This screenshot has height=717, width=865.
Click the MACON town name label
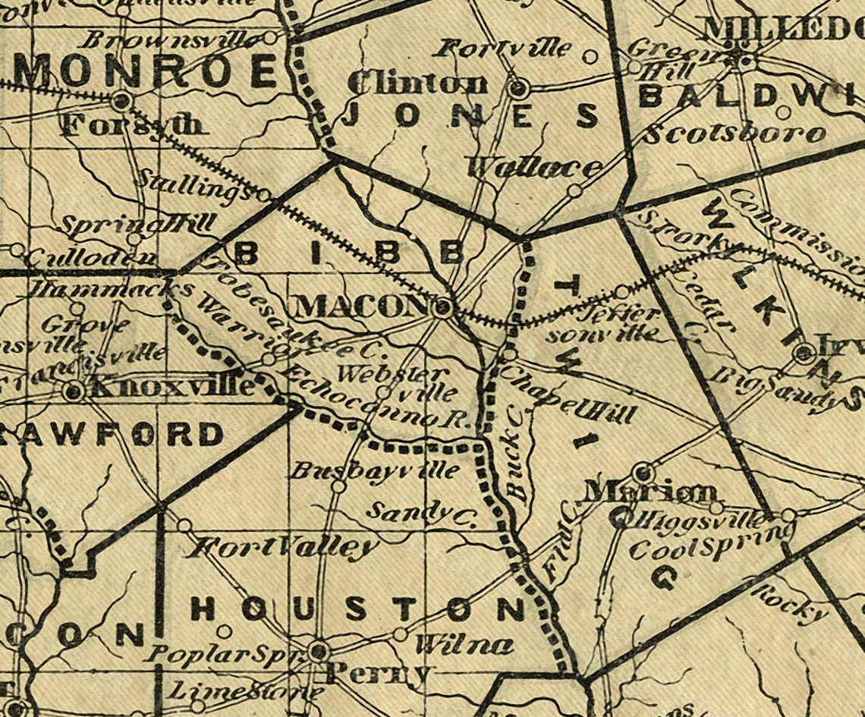click(x=360, y=307)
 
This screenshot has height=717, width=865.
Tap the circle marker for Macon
click(x=443, y=309)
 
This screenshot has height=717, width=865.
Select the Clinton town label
click(x=417, y=83)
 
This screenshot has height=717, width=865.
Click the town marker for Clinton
click(x=519, y=90)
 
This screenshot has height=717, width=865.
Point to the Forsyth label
click(x=133, y=124)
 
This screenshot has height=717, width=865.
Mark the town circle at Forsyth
click(x=120, y=100)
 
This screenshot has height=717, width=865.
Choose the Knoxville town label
click(x=171, y=388)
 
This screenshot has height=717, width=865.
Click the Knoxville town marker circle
click(x=74, y=392)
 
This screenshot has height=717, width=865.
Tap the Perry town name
click(x=378, y=674)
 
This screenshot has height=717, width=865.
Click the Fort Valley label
click(x=284, y=546)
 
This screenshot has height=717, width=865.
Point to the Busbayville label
click(x=375, y=470)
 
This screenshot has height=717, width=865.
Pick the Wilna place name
click(x=464, y=645)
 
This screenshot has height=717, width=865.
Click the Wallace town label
click(x=536, y=168)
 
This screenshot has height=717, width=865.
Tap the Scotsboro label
click(x=734, y=134)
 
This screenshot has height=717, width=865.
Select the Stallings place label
click(x=193, y=186)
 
